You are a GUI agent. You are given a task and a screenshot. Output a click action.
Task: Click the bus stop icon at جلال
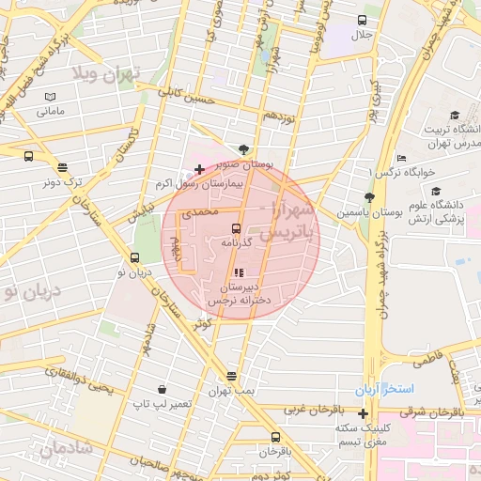pyautogui.click(x=362, y=21)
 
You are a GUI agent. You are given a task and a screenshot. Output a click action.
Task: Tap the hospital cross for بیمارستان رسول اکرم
pyautogui.click(x=198, y=170)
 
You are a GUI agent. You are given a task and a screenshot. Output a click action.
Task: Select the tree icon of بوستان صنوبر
pyautogui.click(x=244, y=149)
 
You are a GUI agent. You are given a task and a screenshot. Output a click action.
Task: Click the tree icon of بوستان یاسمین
pyautogui.click(x=369, y=198)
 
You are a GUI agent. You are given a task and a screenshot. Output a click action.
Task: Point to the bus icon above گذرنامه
pyautogui.click(x=236, y=228)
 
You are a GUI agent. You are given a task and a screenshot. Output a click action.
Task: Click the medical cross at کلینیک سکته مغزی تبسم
pyautogui.click(x=364, y=413)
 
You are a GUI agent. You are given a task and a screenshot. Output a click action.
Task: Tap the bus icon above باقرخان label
pyautogui.click(x=275, y=437)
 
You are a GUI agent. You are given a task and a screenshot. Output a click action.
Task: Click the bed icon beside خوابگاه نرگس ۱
pyautogui.click(x=402, y=158)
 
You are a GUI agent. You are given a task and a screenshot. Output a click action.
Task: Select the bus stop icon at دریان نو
pyautogui.click(x=134, y=258)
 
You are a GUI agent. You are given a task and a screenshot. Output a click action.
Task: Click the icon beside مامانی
pyautogui.click(x=50, y=97)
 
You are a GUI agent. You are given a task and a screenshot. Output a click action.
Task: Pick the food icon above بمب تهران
pyautogui.click(x=231, y=376)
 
